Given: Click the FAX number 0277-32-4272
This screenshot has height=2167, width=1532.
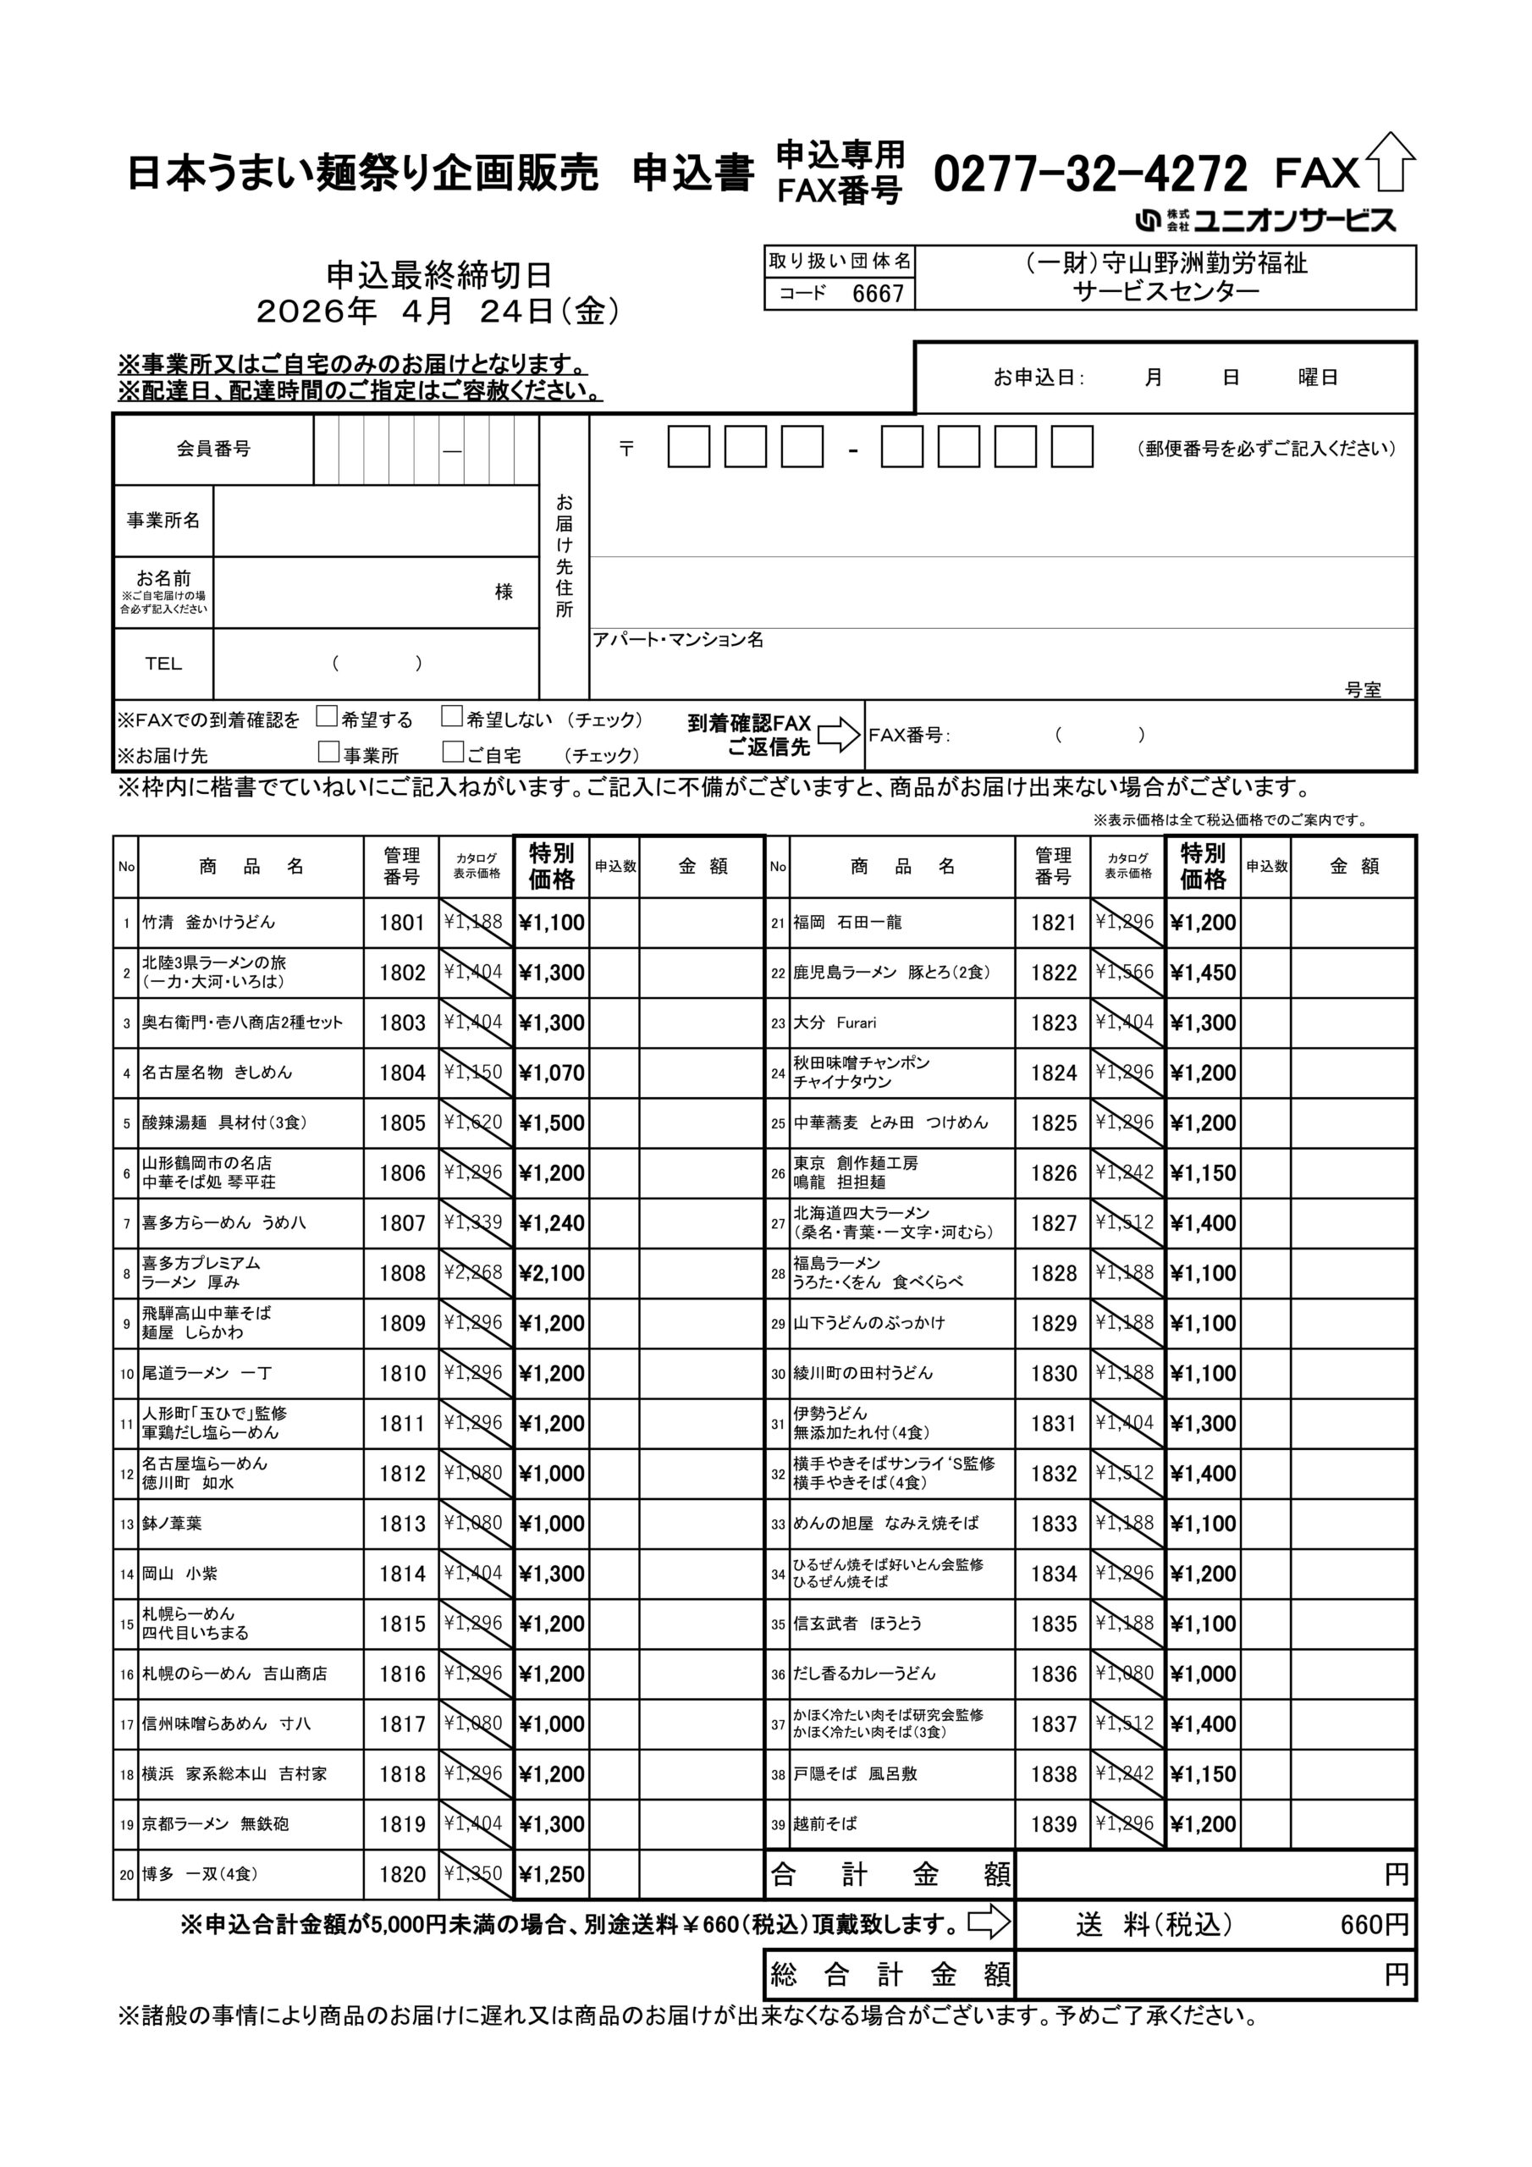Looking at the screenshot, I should (1090, 174).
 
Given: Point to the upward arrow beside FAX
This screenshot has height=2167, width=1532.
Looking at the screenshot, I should (1391, 163).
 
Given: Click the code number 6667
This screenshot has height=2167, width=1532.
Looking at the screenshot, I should (878, 294).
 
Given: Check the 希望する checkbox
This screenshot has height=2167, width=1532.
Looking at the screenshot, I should (327, 716).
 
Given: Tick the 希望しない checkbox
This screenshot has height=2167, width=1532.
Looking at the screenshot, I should (452, 716).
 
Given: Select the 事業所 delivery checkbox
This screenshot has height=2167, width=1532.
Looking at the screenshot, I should (328, 752).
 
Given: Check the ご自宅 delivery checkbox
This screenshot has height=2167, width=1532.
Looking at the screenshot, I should (453, 752).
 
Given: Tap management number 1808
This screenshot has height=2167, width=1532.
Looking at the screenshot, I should (402, 1273).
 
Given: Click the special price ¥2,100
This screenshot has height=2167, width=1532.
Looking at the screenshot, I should (552, 1273).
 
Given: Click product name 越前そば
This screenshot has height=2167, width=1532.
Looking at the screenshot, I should (825, 1823).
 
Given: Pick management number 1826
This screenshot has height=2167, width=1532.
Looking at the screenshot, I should (1054, 1173).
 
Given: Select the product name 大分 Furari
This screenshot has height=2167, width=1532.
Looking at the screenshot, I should (835, 1023).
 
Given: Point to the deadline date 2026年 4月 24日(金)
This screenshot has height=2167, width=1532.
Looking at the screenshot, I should (439, 311).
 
